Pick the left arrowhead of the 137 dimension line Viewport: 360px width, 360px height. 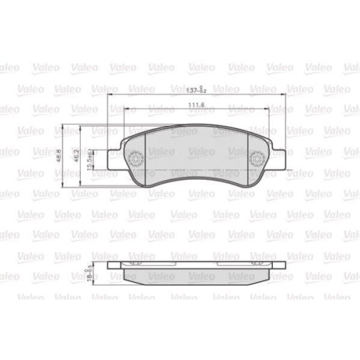109,96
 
